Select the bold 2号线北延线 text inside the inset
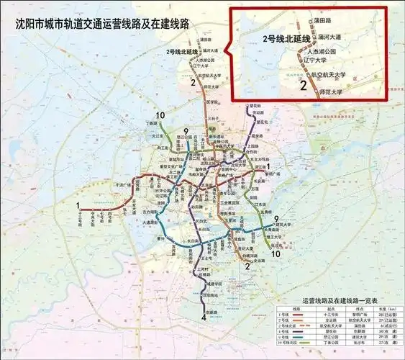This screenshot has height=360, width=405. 286,38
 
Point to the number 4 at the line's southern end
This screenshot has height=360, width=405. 204,317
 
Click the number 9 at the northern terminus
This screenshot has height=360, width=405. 186,132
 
